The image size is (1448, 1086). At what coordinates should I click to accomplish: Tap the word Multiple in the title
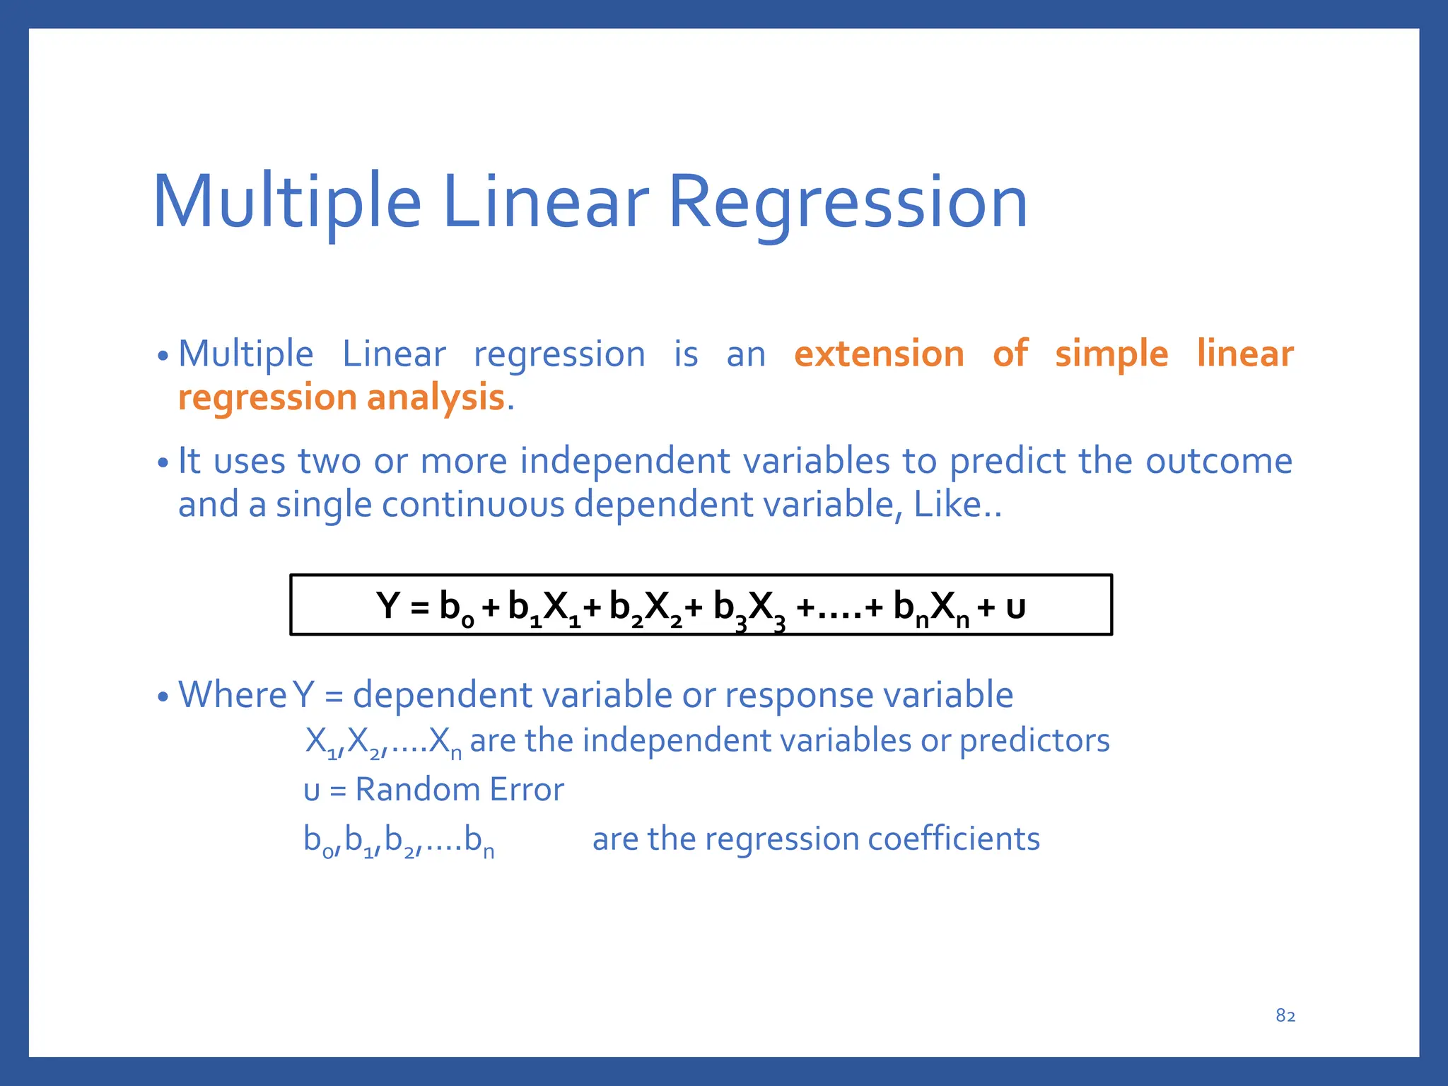(286, 204)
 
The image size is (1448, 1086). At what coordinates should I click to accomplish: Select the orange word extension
(879, 354)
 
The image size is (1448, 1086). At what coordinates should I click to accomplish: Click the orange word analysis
(435, 397)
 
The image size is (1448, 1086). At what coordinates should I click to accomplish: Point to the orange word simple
(1111, 354)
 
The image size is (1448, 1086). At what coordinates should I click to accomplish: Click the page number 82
(1285, 1016)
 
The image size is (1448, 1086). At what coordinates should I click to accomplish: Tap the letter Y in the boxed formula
(388, 605)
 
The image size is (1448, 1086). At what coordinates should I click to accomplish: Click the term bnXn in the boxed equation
(930, 608)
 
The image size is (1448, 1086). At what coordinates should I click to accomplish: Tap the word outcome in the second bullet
(1218, 461)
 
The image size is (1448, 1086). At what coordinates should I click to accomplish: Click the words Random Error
(459, 790)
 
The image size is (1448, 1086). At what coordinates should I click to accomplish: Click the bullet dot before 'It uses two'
(163, 464)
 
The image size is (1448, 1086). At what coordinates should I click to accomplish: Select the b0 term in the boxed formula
(456, 608)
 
